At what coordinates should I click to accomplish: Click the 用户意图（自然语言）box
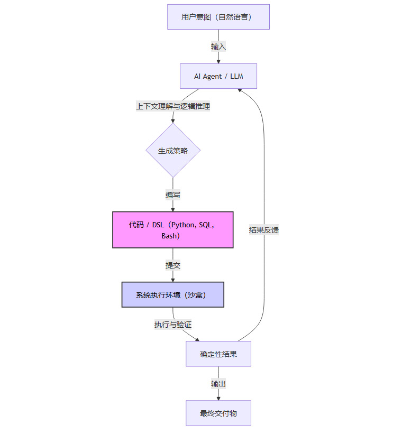coord(218,17)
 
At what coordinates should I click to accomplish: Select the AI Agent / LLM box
coord(218,76)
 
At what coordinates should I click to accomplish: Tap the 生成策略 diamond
coord(173,151)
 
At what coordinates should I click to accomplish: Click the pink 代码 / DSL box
coord(173,229)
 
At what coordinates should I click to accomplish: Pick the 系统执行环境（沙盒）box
coord(173,295)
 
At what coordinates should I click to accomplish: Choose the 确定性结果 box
coord(218,354)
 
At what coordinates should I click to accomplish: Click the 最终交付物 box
coord(218,413)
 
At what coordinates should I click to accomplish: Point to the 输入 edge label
coord(218,47)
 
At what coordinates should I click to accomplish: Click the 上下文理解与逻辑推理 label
coord(173,106)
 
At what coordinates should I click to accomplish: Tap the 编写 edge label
coord(173,195)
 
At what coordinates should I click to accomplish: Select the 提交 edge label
coord(173,265)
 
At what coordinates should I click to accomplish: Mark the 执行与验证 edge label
coord(173,325)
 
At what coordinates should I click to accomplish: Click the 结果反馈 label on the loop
coord(264,230)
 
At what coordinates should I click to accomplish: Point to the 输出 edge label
coord(218,384)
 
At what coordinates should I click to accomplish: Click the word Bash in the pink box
coord(170,236)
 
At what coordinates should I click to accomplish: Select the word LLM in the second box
coord(236,76)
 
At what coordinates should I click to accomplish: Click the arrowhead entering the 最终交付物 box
coord(218,398)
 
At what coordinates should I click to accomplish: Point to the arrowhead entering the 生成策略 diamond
coord(173,121)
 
